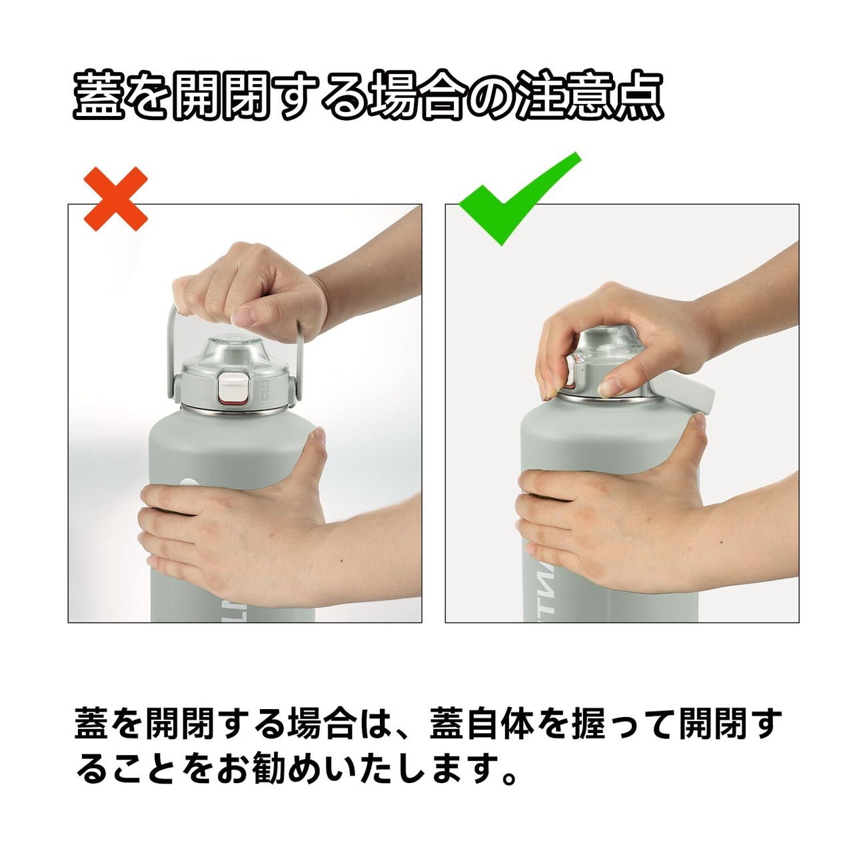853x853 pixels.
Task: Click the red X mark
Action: pyautogui.click(x=115, y=199)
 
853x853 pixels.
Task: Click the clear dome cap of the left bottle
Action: pyautogui.click(x=229, y=353)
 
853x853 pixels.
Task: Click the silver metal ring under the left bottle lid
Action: pyautogui.click(x=229, y=408)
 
